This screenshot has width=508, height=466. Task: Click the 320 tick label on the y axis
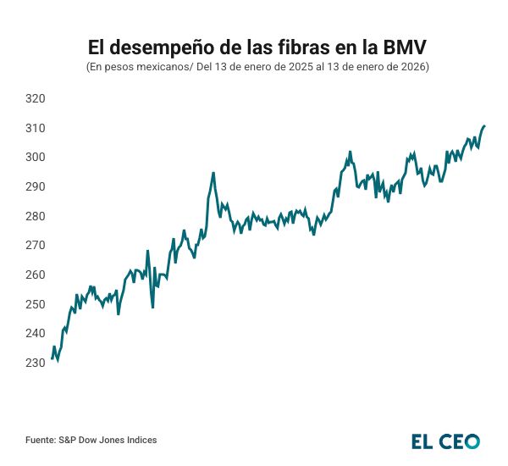35,99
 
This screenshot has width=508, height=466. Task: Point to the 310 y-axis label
35,128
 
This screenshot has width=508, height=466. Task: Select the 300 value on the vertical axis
35,158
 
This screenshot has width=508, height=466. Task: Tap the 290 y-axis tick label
35,186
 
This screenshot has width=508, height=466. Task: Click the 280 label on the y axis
35,216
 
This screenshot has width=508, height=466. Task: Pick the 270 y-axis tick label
35,246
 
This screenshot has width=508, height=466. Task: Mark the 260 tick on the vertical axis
35,275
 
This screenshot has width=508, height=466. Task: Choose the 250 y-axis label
35,304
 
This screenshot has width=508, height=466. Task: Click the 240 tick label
35,334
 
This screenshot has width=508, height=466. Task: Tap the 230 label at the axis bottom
35,363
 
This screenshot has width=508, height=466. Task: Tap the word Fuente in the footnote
40,440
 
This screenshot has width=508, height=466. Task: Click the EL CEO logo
445,441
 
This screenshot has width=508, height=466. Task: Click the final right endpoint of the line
484,125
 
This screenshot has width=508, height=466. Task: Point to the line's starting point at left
52,358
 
